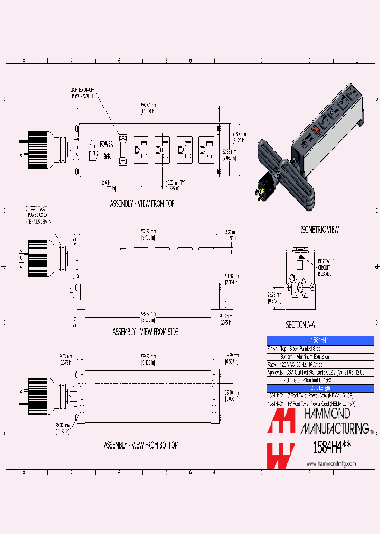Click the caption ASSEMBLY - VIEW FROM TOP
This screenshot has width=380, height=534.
[142, 203]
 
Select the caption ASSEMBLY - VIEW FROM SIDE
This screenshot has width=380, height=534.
[145, 332]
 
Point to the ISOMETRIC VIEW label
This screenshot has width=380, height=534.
[319, 230]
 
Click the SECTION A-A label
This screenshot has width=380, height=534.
[303, 326]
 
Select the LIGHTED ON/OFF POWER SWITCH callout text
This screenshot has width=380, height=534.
[83, 92]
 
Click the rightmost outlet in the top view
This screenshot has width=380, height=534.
[205, 150]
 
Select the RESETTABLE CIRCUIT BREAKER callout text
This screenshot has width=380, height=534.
[326, 268]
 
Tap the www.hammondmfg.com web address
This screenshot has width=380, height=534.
[331, 464]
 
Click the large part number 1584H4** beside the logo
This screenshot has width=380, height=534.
[331, 447]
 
